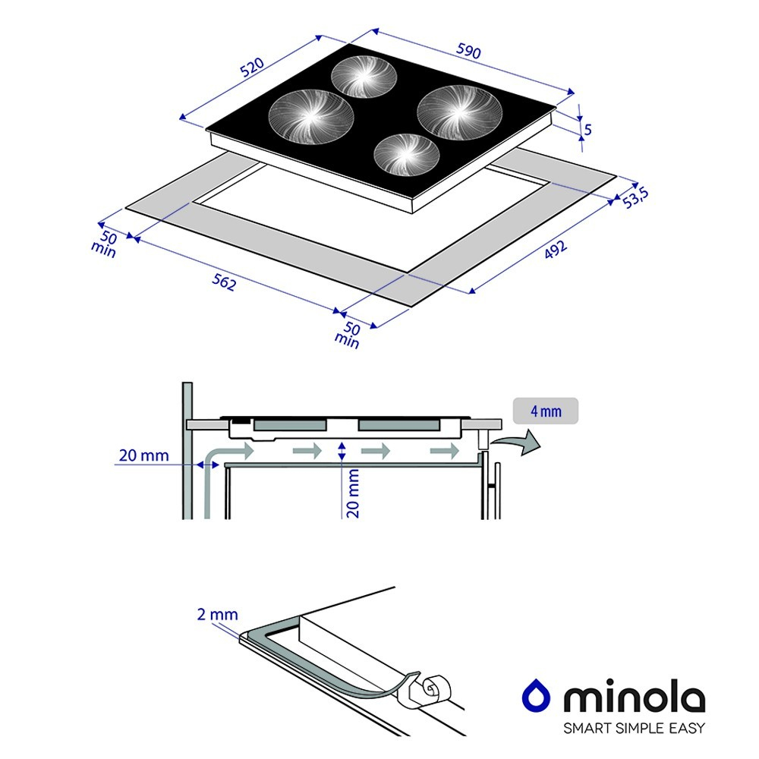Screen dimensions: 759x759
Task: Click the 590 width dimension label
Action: tap(468, 51)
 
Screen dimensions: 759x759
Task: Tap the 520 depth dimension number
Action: tap(252, 68)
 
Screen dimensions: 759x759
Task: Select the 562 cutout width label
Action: tap(224, 282)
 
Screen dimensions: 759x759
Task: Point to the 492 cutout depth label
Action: tap(556, 249)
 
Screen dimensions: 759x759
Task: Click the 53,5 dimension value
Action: tap(635, 197)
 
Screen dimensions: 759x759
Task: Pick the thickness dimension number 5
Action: tap(588, 129)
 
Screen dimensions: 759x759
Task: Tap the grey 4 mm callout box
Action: tap(546, 411)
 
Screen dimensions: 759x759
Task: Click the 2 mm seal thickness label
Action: tap(217, 614)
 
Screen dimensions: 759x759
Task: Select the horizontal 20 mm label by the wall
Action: tap(143, 455)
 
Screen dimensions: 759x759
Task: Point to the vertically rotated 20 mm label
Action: tap(353, 493)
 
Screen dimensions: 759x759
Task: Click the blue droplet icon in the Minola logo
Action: tap(536, 696)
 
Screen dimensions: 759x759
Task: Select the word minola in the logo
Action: tap(635, 696)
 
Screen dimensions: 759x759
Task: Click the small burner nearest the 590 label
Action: tap(364, 76)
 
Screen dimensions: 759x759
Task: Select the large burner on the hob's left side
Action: tap(311, 115)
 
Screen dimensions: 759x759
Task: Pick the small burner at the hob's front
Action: tap(407, 154)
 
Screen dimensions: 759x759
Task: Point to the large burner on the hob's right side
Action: tap(459, 112)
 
